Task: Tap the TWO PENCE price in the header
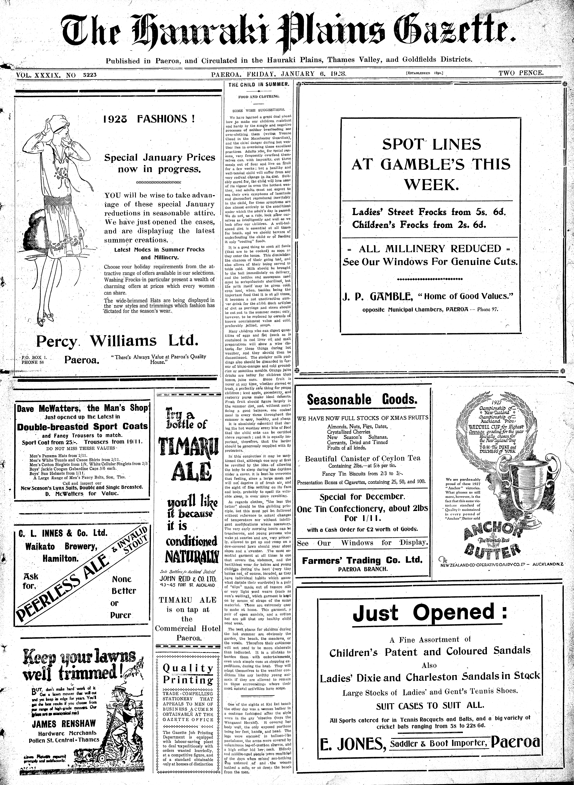[x=521, y=73]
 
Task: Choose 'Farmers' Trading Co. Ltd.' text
[x=362, y=560]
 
